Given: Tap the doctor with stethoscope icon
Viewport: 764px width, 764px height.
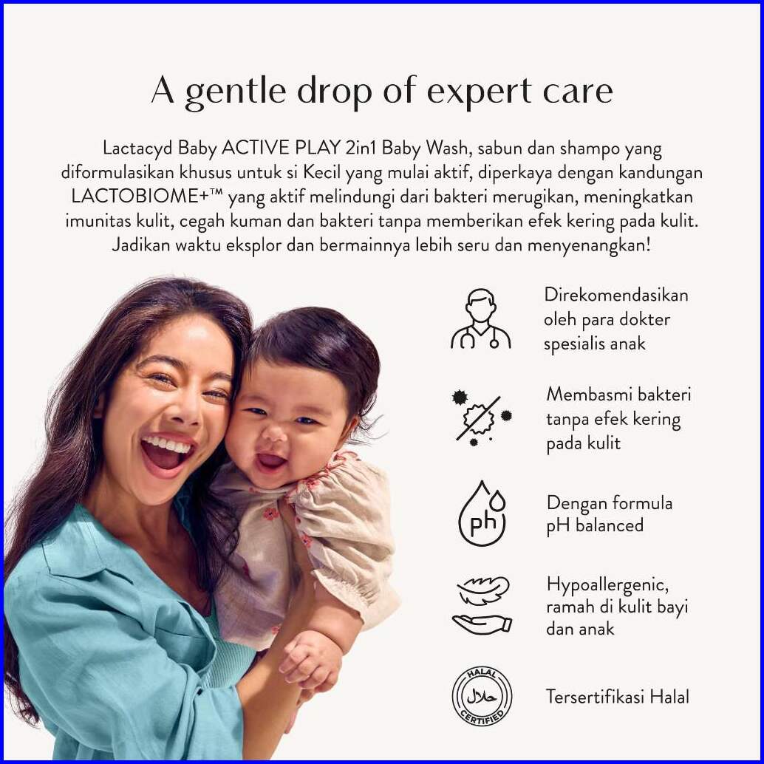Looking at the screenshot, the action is pos(481,319).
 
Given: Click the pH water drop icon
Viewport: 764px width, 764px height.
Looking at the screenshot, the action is pos(482,513).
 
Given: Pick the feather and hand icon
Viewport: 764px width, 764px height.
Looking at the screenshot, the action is pos(482,606).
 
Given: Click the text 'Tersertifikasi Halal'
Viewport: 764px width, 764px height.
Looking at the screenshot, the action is pos(618,697).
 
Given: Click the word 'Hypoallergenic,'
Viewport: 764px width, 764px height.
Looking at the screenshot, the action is pos(607,584).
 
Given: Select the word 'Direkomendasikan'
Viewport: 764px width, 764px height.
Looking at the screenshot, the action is pos(616,296).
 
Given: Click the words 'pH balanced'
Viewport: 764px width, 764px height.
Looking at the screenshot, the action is pos(595,526).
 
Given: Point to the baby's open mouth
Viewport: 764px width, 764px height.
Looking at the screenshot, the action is pos(271,460).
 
